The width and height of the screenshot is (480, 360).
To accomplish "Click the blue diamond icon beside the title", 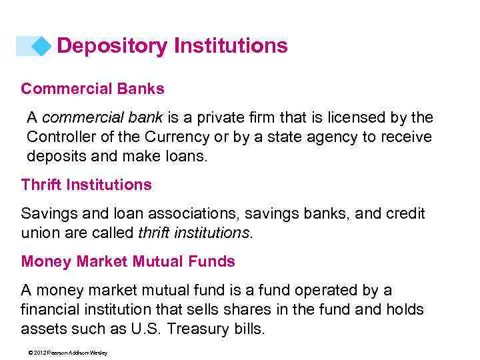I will [x=41, y=46].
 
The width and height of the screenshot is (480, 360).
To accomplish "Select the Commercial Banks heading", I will [x=93, y=89].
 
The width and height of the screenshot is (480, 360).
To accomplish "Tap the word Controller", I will [x=59, y=137].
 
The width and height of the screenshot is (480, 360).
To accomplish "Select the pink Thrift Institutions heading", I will [x=87, y=185].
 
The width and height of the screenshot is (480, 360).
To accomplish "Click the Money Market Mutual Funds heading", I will [x=128, y=261].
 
